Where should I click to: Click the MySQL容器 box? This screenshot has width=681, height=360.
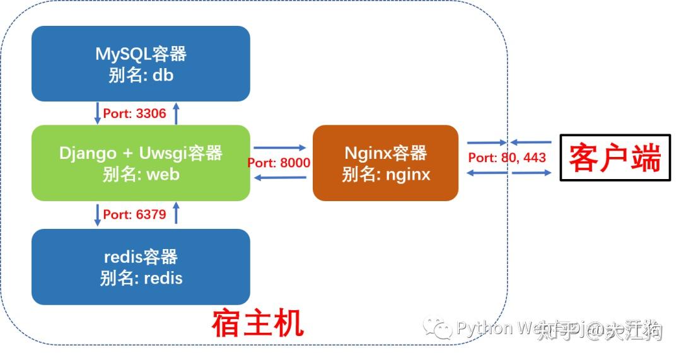[x=141, y=64]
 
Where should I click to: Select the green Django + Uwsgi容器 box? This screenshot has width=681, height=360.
[x=141, y=163]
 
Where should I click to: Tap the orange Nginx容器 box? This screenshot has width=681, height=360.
[x=385, y=163]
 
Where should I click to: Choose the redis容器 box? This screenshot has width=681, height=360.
[x=141, y=267]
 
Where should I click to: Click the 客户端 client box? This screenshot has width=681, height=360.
[x=615, y=158]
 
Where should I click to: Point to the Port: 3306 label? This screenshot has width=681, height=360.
[x=134, y=114]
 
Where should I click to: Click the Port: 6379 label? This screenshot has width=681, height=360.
[x=134, y=214]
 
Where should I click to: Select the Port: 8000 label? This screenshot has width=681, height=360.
[x=279, y=163]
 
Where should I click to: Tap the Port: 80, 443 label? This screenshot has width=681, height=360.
[x=507, y=157]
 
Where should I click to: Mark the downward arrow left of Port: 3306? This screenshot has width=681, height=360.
[x=98, y=113]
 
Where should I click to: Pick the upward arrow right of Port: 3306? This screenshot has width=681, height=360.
[x=177, y=113]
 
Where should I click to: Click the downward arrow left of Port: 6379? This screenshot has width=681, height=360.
[x=98, y=214]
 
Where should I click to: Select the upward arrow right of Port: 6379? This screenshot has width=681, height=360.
[x=177, y=214]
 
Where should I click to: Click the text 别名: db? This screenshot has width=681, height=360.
[x=141, y=75]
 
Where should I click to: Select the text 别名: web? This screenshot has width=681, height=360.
[x=141, y=174]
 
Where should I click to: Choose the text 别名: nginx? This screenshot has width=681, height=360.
[x=386, y=174]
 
